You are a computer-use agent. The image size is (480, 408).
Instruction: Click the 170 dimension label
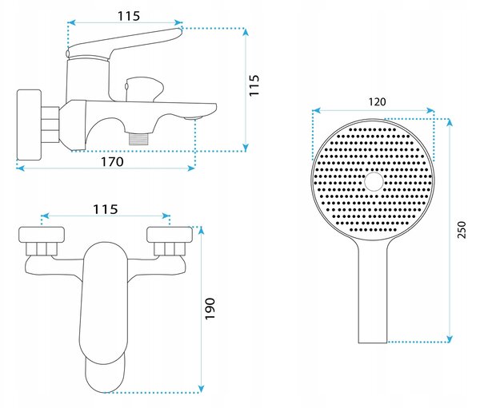pos(112,161)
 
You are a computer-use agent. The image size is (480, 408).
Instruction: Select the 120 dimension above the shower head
pos(377,101)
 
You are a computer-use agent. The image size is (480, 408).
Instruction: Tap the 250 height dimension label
pos(461,229)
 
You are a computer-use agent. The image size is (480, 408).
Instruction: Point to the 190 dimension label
pos(210,309)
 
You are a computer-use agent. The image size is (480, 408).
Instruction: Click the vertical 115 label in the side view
pos(254,85)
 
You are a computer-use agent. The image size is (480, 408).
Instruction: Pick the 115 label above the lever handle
pos(129,16)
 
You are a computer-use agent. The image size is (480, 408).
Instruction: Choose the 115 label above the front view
pos(106,209)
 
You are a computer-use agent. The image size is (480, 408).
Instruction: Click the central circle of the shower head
pos(374,181)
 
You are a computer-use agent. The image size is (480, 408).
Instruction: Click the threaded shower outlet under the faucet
pos(138,138)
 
